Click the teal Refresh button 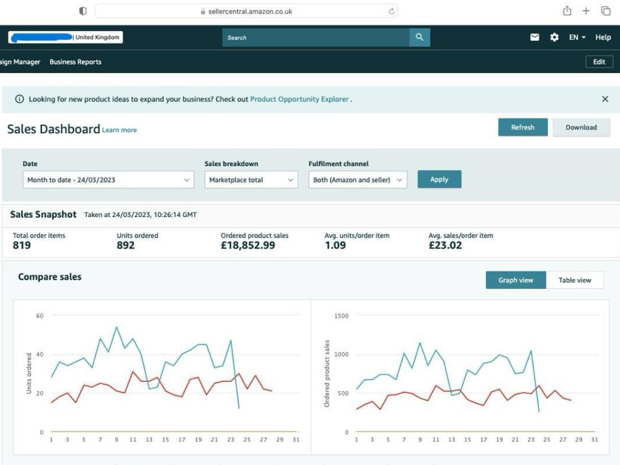click(523, 127)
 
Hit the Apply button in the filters click(440, 179)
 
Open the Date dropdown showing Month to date click(108, 180)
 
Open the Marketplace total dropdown click(251, 180)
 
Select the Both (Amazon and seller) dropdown click(358, 180)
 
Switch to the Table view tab click(575, 280)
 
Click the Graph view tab click(516, 280)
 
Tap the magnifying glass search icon click(420, 37)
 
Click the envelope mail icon click(534, 37)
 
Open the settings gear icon click(554, 37)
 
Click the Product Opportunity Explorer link click(299, 99)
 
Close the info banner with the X click(605, 99)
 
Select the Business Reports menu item click(76, 61)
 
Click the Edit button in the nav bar click(599, 61)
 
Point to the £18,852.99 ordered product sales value click(248, 245)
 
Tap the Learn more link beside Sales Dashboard click(120, 130)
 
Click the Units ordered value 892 click(126, 245)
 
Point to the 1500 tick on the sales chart click(341, 316)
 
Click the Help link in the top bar click(603, 37)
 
